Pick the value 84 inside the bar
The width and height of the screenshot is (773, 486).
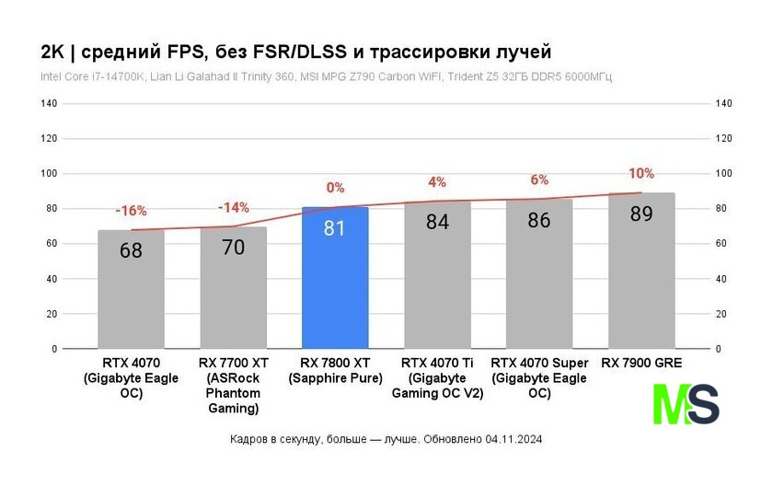point(436,222)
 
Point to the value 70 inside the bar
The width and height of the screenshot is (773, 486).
point(233,247)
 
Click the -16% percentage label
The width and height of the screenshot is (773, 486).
point(131,211)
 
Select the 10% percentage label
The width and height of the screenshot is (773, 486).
point(641,173)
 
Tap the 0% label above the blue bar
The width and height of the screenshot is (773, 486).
point(335,188)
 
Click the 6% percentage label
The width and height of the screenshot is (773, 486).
point(539,180)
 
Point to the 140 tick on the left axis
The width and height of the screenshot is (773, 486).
point(49,104)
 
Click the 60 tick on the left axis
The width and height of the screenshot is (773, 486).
point(52,244)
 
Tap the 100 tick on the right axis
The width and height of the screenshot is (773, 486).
point(723,174)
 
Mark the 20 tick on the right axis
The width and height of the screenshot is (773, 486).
point(721,314)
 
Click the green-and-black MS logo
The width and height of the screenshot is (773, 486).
point(686,404)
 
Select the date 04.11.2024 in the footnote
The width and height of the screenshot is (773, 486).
point(513,440)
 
